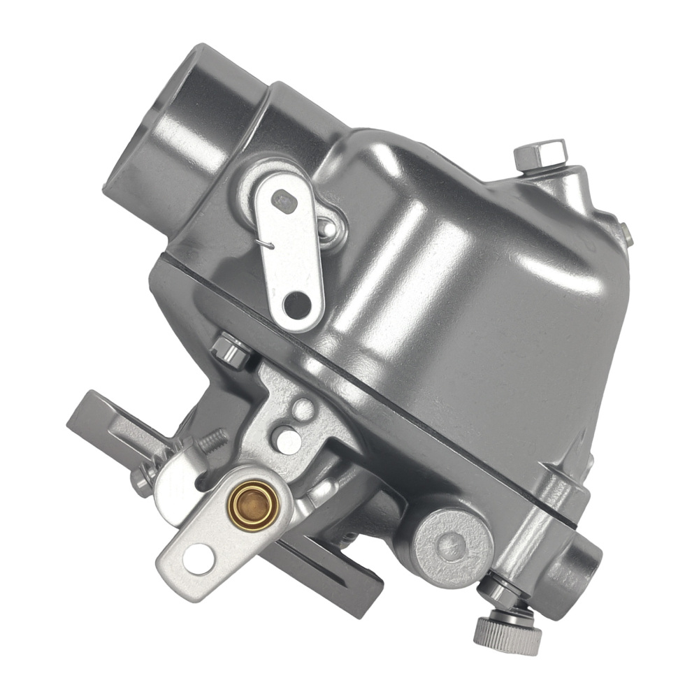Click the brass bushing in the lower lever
click(252, 504)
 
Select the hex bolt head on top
click(540, 154)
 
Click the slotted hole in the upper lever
click(284, 201)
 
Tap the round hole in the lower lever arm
click(199, 559)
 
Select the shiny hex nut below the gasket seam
click(231, 351)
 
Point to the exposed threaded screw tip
click(212, 440)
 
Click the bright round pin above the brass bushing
click(287, 440)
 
